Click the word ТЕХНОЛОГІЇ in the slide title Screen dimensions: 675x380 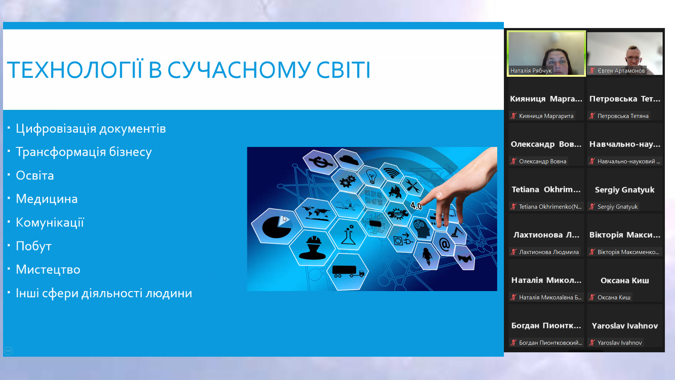point(75,70)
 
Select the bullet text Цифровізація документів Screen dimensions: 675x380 point(91,129)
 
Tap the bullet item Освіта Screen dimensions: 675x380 point(35,175)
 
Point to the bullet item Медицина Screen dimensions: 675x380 point(47,199)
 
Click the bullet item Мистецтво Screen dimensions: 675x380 point(48,270)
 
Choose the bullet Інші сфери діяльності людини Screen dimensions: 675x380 point(104,293)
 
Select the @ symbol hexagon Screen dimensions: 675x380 point(444,244)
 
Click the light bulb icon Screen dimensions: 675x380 point(371,177)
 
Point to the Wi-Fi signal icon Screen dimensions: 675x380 point(391,172)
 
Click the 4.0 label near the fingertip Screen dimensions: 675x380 point(416,206)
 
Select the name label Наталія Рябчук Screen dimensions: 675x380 point(531,71)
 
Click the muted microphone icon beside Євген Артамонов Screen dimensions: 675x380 point(592,71)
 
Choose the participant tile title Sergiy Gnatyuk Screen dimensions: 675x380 point(624,190)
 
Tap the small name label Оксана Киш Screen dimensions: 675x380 point(614,297)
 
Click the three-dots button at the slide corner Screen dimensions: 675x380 point(8,351)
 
